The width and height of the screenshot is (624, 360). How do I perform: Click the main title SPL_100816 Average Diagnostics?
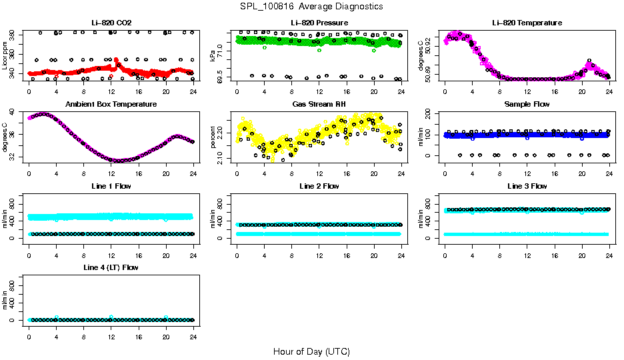tap(311, 6)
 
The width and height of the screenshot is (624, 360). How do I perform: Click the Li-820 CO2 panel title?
tap(111, 23)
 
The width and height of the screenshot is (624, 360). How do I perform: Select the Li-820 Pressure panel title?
tap(319, 23)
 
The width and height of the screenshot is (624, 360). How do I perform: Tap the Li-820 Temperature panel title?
tap(527, 23)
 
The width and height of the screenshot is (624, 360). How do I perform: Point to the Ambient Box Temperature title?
tap(111, 105)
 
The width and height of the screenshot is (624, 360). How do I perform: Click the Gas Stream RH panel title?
tap(319, 105)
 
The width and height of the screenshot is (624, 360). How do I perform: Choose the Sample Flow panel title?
tap(527, 105)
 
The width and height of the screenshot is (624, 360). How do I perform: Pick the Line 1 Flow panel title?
tap(111, 186)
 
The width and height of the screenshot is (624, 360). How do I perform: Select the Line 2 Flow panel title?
tap(319, 186)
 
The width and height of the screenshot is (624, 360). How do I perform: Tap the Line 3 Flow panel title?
tap(527, 186)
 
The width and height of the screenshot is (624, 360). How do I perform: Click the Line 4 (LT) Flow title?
tap(111, 267)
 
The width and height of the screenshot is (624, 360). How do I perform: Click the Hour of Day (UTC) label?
tap(311, 351)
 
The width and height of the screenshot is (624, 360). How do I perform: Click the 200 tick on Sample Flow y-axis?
tap(434, 112)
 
